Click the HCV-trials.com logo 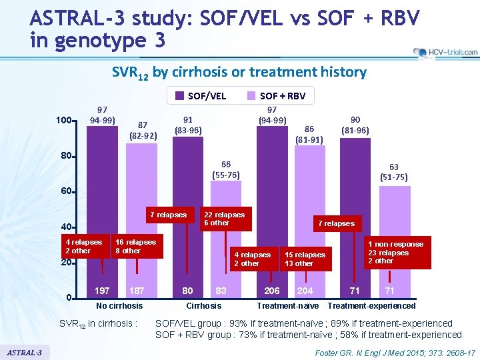coord(445,52)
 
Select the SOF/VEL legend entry coord(201,96)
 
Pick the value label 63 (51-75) coord(393,173)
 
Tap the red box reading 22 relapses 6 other coord(224,219)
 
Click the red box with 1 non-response coord(395,253)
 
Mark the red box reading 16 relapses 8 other coord(135,246)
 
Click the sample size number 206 coord(271,291)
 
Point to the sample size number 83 coord(221,291)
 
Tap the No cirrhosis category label coord(119,306)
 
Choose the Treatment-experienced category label coord(371,306)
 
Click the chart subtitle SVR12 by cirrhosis coord(239,72)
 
